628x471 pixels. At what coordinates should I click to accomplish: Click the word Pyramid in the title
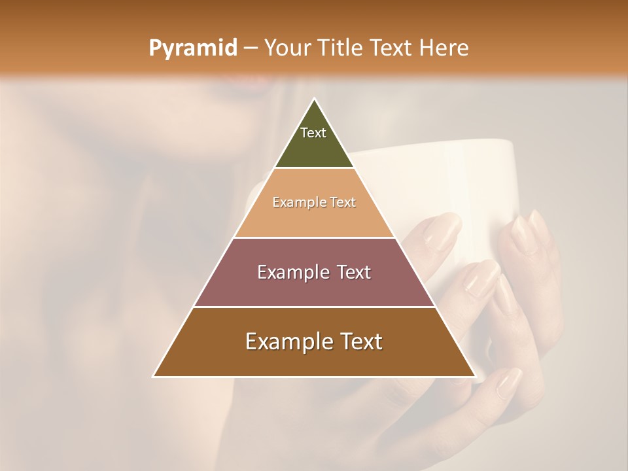click(192, 48)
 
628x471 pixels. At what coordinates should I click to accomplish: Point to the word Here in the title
click(444, 48)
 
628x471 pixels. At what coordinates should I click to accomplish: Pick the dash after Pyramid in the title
click(251, 48)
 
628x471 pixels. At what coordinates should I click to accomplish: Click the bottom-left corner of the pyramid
click(154, 376)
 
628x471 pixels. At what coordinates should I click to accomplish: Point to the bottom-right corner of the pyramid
click(475, 376)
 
